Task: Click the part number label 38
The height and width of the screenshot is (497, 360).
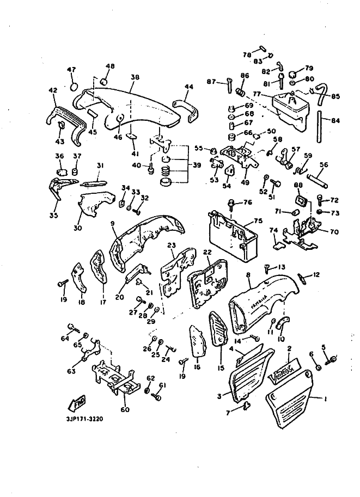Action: (x=134, y=78)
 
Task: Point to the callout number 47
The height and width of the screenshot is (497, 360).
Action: (x=72, y=70)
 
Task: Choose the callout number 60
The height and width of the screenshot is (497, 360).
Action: (x=125, y=409)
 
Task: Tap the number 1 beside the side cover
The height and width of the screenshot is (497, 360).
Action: (x=325, y=399)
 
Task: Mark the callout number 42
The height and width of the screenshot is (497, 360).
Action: (x=53, y=91)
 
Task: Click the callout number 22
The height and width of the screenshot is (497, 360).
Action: (x=207, y=252)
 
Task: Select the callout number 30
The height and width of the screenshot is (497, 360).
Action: (x=77, y=228)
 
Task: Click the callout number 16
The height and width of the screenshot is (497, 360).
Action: (x=197, y=366)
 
